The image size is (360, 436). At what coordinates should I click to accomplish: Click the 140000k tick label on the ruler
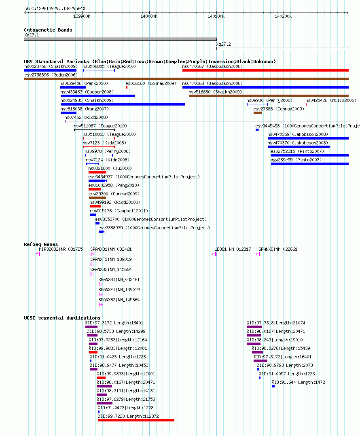pos(149,17)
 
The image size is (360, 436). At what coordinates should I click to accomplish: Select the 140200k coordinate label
pos(283,17)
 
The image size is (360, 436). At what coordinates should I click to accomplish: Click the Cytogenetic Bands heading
pos(48,30)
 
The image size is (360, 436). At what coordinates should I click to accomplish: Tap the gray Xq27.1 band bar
pos(121,39)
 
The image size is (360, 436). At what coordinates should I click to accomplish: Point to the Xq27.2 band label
pos(224,44)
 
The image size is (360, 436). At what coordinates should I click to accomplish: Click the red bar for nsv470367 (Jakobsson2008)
pos(265,71)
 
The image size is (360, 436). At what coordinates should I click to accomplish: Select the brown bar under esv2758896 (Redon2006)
pos(186,79)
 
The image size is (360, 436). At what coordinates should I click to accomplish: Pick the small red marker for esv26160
pos(127,88)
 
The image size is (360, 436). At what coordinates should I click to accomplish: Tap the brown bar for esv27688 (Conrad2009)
pos(258,113)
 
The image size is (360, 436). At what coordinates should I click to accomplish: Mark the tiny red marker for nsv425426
pos(306,104)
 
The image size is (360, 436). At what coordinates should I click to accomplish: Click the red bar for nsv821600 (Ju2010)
pos(97,172)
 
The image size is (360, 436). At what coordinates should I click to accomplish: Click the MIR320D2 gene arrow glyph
pos(38,254)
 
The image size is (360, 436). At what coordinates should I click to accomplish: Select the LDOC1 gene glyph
pos(214,254)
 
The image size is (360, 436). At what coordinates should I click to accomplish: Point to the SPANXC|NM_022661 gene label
pos(278,250)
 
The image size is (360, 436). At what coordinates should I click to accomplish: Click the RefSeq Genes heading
pos(41,244)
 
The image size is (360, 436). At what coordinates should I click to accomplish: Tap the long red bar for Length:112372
pos(136,420)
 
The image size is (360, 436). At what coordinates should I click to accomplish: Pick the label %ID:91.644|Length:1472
pos(298,382)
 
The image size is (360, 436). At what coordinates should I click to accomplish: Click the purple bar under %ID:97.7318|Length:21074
pos(254,327)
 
